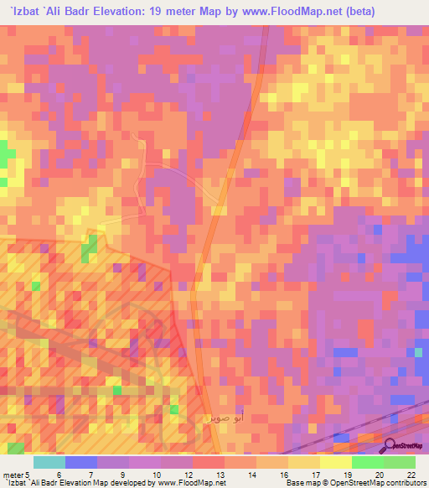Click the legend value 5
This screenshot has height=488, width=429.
(28, 475)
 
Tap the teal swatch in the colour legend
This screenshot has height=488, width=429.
(49, 462)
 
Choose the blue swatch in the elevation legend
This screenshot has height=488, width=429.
(80, 462)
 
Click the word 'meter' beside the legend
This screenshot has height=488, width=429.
(13, 475)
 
